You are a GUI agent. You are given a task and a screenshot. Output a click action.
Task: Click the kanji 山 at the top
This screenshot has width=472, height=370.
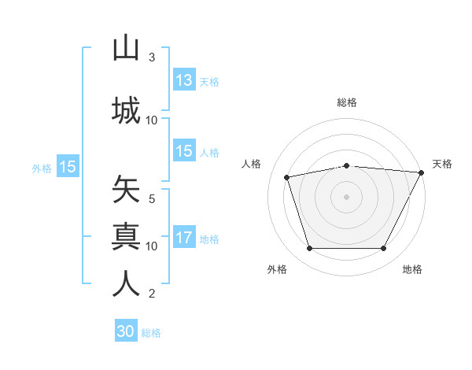pyautogui.click(x=126, y=48)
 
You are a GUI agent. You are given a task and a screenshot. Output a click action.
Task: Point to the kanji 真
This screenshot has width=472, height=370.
pyautogui.click(x=126, y=235)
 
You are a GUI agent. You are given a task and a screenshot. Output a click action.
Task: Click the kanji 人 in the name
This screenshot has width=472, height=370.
pyautogui.click(x=126, y=283)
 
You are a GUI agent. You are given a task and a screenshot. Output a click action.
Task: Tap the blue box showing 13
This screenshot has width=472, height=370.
pyautogui.click(x=184, y=80)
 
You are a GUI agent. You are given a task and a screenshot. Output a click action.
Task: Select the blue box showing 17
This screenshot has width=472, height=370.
pyautogui.click(x=184, y=239)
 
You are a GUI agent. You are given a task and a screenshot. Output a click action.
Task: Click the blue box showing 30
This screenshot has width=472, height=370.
pyautogui.click(x=126, y=331)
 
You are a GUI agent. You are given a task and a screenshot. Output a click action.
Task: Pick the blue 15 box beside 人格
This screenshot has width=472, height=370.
pyautogui.click(x=184, y=152)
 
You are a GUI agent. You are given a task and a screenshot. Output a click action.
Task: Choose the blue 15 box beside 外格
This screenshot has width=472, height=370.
pyautogui.click(x=67, y=167)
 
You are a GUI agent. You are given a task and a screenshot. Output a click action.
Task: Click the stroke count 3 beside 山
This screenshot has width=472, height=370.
pyautogui.click(x=152, y=57)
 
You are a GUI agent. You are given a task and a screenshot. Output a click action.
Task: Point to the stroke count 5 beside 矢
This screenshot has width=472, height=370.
pyautogui.click(x=152, y=199)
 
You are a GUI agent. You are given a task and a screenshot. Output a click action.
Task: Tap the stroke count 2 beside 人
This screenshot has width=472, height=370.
pyautogui.click(x=152, y=294)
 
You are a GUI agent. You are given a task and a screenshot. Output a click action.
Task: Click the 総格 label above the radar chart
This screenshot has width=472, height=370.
pyautogui.click(x=347, y=102)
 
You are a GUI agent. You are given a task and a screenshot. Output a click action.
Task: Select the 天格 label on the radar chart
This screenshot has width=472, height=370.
pyautogui.click(x=442, y=164)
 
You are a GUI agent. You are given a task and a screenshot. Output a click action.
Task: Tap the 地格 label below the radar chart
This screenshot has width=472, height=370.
pyautogui.click(x=412, y=269)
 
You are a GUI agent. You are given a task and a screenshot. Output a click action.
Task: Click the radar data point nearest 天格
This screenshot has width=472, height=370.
pyautogui.click(x=422, y=172)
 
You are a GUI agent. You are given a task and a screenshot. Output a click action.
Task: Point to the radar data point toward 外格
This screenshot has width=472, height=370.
pyautogui.click(x=309, y=249)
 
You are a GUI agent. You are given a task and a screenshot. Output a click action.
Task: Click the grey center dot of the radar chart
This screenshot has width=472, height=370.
pyautogui.click(x=347, y=197)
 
